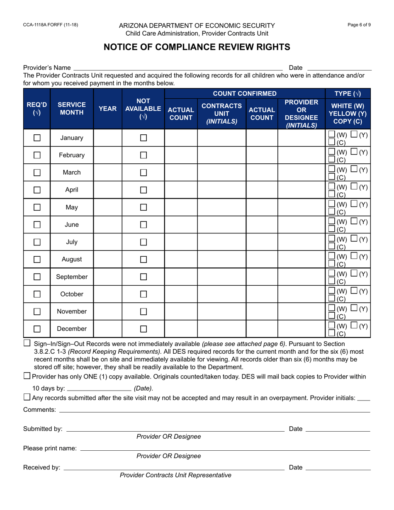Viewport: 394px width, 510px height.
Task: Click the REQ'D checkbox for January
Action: (x=37, y=138)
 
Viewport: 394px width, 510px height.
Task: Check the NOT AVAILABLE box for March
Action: (x=143, y=172)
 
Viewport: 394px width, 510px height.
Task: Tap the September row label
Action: (x=72, y=277)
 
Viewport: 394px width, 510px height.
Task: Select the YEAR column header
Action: (x=108, y=109)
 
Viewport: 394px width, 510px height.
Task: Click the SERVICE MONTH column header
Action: (x=72, y=109)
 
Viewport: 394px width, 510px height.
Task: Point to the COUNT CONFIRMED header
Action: (x=244, y=94)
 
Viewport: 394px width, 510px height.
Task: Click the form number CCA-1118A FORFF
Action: (x=50, y=25)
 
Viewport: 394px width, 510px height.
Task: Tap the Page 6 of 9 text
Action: (x=359, y=25)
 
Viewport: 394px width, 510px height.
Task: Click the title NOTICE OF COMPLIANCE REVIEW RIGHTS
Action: (x=197, y=46)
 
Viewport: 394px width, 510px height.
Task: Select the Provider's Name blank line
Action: (x=178, y=68)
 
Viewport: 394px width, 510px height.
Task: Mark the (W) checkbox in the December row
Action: (x=331, y=325)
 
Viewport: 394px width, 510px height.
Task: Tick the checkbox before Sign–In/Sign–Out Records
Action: (x=27, y=343)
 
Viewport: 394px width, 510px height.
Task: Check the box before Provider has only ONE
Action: (x=27, y=376)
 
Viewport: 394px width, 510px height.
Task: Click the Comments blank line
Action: (x=214, y=410)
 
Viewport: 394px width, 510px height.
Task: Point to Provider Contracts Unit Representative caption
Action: (x=175, y=475)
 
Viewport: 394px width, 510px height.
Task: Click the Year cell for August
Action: (x=108, y=259)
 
